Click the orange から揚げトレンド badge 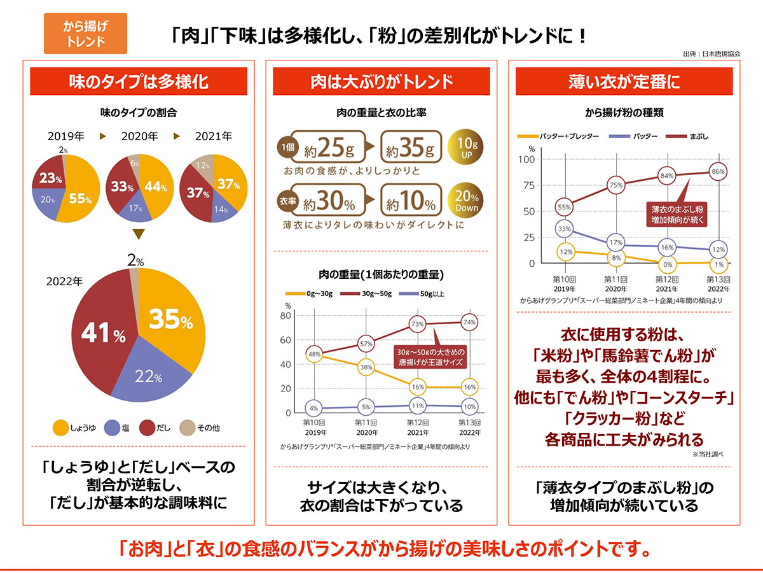(86, 32)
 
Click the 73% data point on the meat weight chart (417, 324)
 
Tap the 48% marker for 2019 (313, 353)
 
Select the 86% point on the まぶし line (718, 172)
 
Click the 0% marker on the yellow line (667, 264)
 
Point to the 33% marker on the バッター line (564, 229)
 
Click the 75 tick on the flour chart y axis (527, 185)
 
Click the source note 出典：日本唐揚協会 (710, 54)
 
